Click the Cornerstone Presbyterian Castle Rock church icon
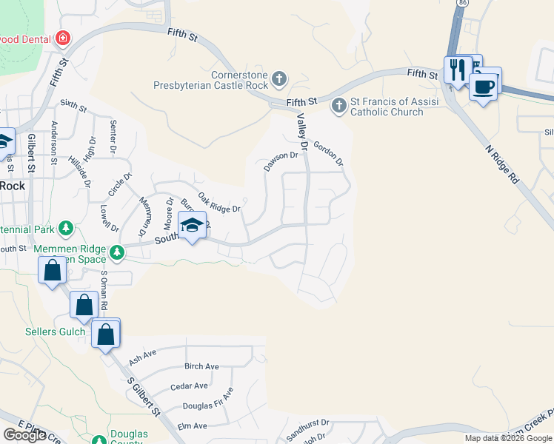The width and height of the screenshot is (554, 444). tap(279, 78)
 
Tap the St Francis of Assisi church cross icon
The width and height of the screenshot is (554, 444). tap(339, 105)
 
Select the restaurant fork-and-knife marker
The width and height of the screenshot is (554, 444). tap(456, 70)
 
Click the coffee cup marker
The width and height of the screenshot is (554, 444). tap(484, 86)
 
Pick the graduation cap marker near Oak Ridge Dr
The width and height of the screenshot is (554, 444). tap(192, 226)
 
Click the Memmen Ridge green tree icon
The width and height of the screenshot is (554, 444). tap(116, 253)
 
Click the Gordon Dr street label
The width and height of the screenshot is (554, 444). tap(329, 153)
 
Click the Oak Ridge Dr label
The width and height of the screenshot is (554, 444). tap(219, 203)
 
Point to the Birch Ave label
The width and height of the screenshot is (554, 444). tap(201, 366)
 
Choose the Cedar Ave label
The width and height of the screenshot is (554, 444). tap(189, 386)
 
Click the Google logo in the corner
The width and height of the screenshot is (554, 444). tap(24, 435)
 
